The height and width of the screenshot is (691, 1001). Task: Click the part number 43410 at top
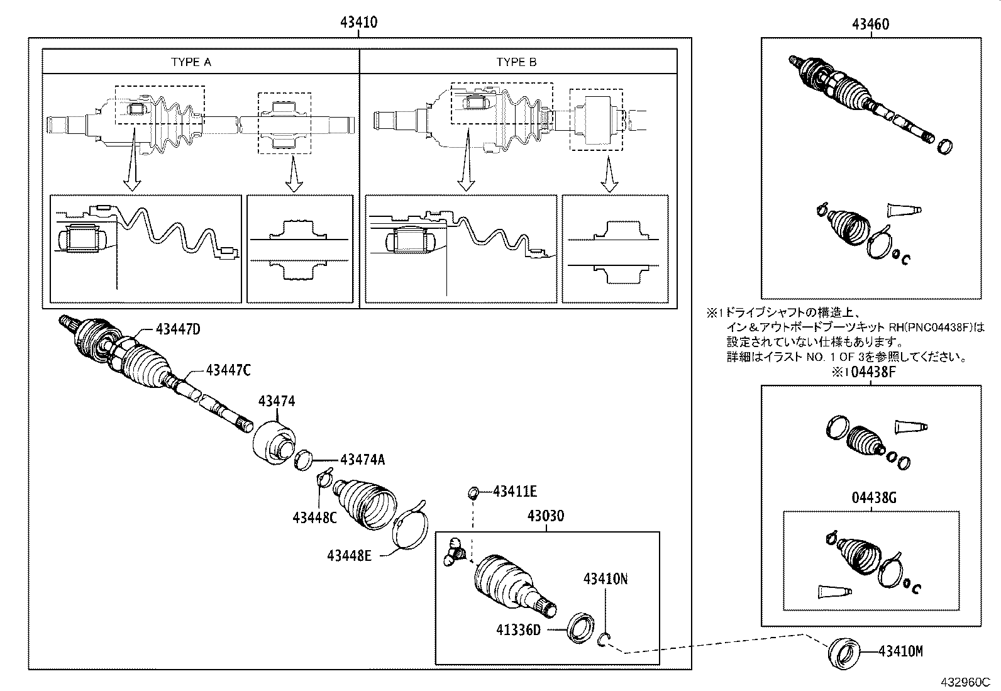click(x=358, y=23)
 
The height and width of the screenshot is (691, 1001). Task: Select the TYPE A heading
click(x=191, y=62)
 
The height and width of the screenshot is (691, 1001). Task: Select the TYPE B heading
click(x=516, y=62)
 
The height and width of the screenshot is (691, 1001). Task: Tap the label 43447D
click(x=178, y=329)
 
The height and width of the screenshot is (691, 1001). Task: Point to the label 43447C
click(x=228, y=371)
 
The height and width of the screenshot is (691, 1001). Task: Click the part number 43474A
click(x=362, y=460)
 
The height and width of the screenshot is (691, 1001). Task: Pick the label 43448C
click(x=314, y=517)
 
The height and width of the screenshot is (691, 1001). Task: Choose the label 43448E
click(x=350, y=555)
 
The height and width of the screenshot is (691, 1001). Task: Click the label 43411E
click(x=515, y=492)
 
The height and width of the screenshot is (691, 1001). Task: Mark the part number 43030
click(x=546, y=516)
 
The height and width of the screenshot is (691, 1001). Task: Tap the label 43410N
click(x=606, y=578)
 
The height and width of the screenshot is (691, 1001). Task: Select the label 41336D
click(x=518, y=629)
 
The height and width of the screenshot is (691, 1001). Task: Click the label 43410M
click(x=900, y=651)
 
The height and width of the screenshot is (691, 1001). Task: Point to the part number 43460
click(x=871, y=25)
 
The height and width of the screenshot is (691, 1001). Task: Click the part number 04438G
click(x=871, y=499)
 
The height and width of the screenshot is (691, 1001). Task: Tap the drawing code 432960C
click(x=965, y=682)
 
